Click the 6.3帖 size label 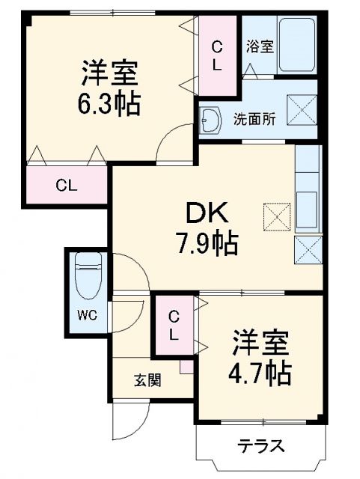[110, 104]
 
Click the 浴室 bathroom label [260, 45]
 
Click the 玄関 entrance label [147, 379]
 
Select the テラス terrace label [261, 447]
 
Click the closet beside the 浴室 [217, 54]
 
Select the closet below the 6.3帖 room [67, 184]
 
